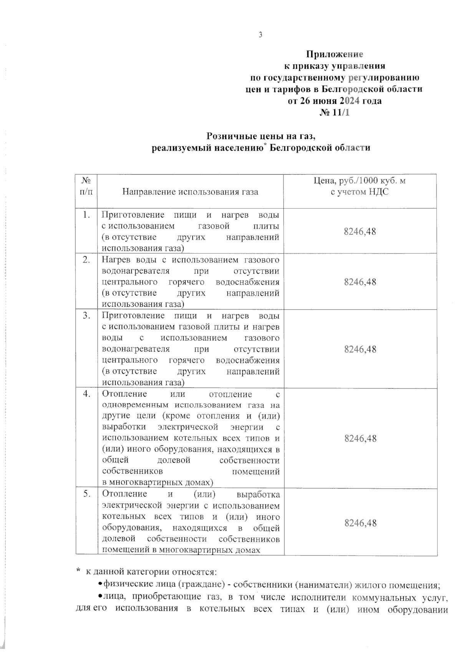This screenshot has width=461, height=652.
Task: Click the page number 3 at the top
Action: [260, 35]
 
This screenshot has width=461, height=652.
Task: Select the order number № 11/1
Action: [335, 113]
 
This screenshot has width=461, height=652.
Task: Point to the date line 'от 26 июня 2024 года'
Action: [335, 101]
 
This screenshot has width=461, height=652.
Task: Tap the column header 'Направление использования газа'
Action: [190, 192]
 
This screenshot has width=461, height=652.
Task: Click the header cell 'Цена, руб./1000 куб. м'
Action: [360, 181]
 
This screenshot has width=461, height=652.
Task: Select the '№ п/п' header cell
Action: [86, 186]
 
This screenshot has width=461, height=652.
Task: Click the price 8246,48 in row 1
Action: [360, 231]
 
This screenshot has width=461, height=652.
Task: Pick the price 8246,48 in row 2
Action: [360, 282]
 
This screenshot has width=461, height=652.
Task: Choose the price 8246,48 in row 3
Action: [360, 349]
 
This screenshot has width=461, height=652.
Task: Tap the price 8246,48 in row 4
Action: [360, 439]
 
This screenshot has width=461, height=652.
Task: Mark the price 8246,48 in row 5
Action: [360, 523]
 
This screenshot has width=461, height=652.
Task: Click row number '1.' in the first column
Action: [86, 215]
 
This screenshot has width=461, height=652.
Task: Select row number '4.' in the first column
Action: [86, 394]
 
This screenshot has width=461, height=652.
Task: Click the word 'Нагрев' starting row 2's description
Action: [115, 260]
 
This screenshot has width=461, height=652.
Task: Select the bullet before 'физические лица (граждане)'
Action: [100, 585]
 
